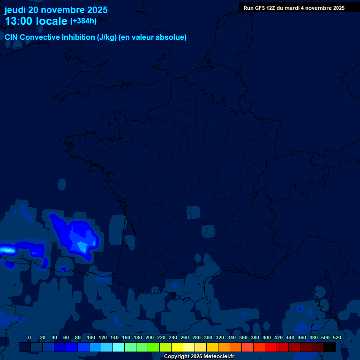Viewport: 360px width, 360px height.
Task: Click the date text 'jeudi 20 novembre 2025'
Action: coord(56,10)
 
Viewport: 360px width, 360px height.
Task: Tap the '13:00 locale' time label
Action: coord(36,21)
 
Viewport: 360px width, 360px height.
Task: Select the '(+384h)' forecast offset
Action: coord(83,21)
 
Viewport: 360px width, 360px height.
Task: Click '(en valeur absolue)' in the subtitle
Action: coord(153,37)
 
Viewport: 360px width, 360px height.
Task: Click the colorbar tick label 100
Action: coord(89,337)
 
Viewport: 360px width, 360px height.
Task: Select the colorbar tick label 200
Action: coord(150,337)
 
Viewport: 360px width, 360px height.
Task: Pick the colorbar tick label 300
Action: coord(208,337)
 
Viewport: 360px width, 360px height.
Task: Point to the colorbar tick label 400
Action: coord(267,337)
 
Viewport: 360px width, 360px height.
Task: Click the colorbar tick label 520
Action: coord(337,337)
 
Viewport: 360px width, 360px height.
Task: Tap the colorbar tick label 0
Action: coord(30,337)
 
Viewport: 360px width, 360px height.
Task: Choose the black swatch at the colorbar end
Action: coord(330,347)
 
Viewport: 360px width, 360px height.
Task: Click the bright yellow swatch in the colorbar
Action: coord(177,347)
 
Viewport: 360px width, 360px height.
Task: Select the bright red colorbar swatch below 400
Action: coord(271,347)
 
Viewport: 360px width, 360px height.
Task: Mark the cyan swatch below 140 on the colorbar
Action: coord(119,347)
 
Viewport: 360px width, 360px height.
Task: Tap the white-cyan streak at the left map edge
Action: coord(7,249)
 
